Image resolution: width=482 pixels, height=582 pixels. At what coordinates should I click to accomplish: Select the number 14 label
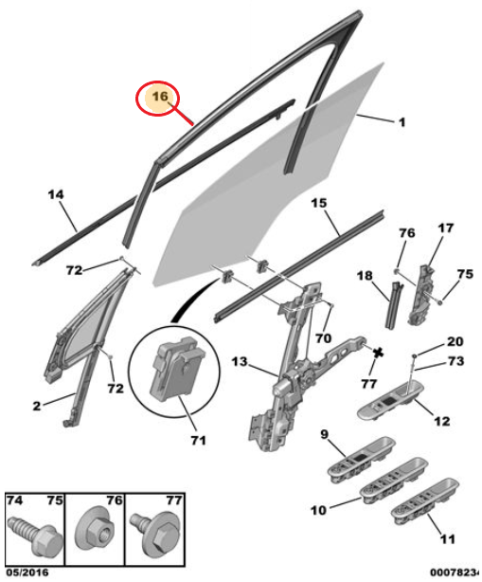coord(57,195)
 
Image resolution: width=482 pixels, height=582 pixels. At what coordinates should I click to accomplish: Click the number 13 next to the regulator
coord(240,361)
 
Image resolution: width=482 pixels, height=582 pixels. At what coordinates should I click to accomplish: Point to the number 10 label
coord(316,510)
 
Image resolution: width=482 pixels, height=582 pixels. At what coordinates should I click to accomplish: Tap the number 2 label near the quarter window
coord(36,406)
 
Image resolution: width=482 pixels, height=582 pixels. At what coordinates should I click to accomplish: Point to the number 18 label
coord(365,275)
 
